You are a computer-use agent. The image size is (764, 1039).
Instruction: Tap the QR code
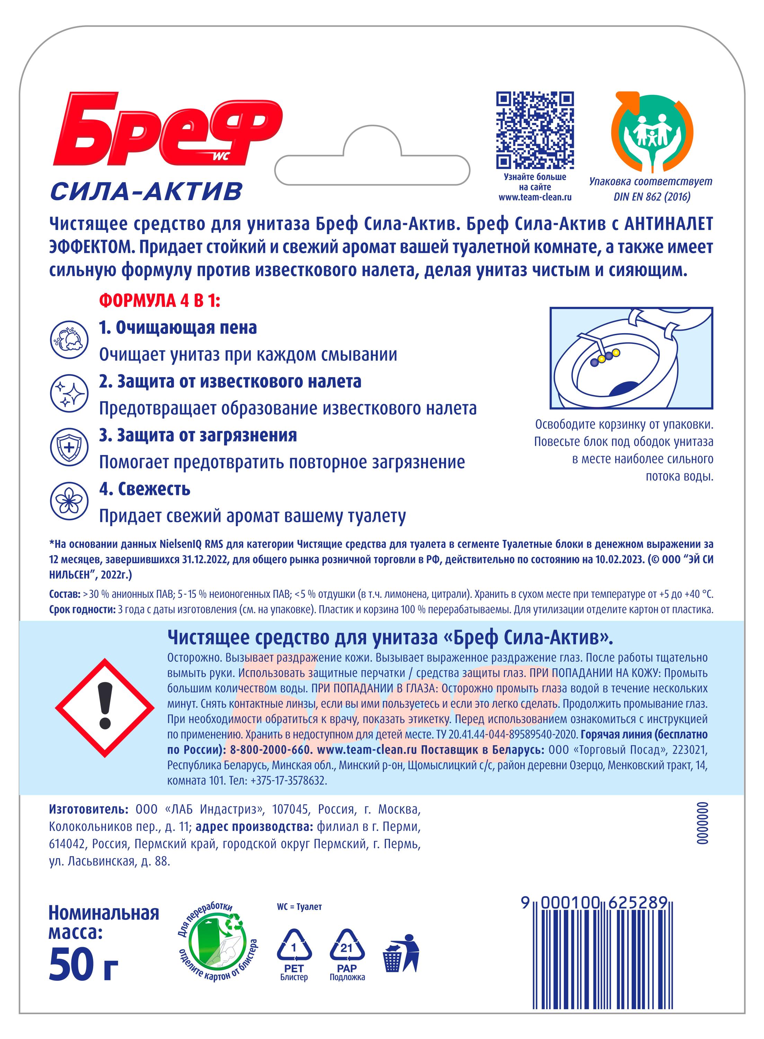pos(535,131)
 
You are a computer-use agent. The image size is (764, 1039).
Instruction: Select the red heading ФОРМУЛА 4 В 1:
pos(160,301)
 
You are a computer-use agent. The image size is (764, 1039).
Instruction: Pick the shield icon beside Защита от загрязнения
pos(69,447)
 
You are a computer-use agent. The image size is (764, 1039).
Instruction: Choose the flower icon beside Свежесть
pos(69,501)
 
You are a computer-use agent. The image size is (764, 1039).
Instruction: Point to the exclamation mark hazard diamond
pos(105,708)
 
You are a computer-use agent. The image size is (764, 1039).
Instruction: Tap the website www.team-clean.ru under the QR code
pos(535,197)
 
